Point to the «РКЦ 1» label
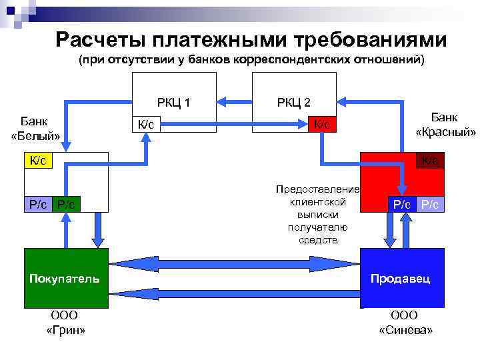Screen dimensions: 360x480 coord(174,102)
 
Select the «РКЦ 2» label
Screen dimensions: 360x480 coord(294,102)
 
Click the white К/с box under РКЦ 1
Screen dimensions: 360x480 coord(146,125)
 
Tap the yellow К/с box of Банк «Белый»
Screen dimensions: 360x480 coord(38,161)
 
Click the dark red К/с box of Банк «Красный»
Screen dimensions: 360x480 coord(430,160)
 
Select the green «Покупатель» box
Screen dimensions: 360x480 coord(65,278)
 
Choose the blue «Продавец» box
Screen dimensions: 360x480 coord(401,278)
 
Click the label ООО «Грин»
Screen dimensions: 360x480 coord(65,323)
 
